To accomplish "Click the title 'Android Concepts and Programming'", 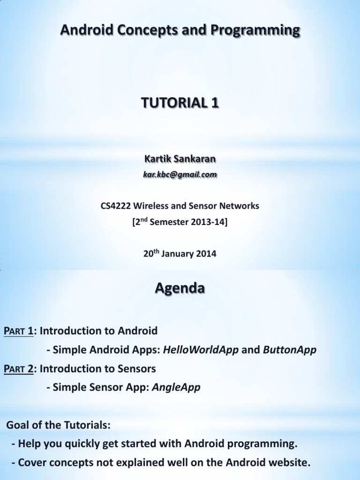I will click(x=180, y=31).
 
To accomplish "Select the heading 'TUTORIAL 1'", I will click(x=180, y=104).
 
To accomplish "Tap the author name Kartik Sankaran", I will click(x=180, y=159).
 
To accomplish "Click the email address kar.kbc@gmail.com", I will click(x=180, y=174).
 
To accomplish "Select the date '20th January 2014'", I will click(x=180, y=254).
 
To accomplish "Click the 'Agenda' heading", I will click(x=180, y=289).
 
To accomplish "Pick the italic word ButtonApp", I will click(x=289, y=350).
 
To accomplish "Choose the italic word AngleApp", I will click(x=176, y=388).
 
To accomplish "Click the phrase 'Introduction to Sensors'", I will click(x=97, y=369).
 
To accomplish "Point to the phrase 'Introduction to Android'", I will click(x=98, y=331).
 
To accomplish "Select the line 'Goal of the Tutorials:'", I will click(x=59, y=425).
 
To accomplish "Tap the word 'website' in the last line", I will click(x=286, y=463).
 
